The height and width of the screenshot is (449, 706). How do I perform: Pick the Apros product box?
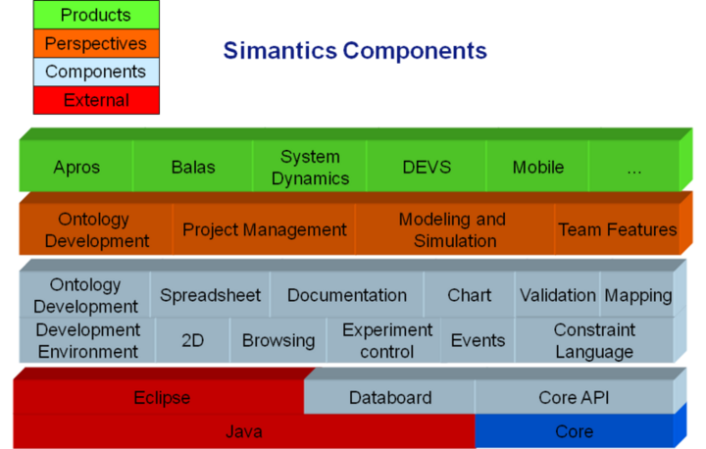[76, 167]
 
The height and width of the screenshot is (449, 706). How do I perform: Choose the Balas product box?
[192, 167]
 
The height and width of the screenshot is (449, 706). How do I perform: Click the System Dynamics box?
[310, 167]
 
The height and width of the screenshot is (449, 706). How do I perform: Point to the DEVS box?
[427, 167]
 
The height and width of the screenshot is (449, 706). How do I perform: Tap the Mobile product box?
[538, 167]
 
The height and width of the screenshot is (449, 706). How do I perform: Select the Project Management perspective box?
[265, 229]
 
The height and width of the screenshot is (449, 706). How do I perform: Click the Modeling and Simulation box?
[452, 229]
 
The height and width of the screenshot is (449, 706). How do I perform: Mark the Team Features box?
[617, 229]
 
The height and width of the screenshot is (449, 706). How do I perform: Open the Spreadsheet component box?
[210, 295]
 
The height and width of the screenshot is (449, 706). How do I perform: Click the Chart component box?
[469, 295]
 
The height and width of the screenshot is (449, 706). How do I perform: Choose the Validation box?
[557, 295]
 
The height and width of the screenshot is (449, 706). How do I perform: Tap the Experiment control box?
[386, 340]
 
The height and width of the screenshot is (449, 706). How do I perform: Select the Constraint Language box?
[594, 340]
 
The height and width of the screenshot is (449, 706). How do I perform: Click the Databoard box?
[389, 398]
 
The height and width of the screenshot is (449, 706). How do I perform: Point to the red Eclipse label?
[162, 398]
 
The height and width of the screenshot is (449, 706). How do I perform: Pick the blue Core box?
[574, 431]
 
